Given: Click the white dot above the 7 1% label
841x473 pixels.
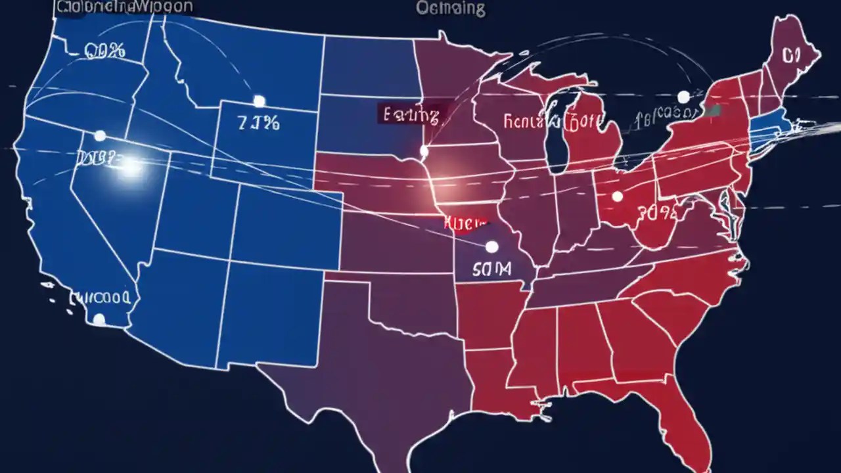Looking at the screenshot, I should [259, 101].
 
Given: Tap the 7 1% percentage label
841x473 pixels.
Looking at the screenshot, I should [258, 123].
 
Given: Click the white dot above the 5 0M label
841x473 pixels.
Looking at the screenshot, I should [491, 247].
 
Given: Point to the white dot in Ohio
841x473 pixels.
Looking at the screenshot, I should [617, 196].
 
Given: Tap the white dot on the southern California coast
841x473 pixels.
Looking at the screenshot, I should [99, 319].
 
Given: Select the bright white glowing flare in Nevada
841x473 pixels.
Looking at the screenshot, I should [131, 166].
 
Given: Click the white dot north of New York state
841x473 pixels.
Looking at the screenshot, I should [683, 97].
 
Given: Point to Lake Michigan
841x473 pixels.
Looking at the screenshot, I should [558, 131].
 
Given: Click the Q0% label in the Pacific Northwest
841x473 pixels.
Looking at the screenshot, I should [104, 51].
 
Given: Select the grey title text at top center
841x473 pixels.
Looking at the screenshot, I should [451, 8].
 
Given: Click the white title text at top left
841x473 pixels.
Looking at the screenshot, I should [125, 7].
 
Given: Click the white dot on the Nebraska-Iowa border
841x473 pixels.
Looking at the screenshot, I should [424, 152].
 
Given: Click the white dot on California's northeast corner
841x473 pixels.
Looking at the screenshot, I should [100, 136].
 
